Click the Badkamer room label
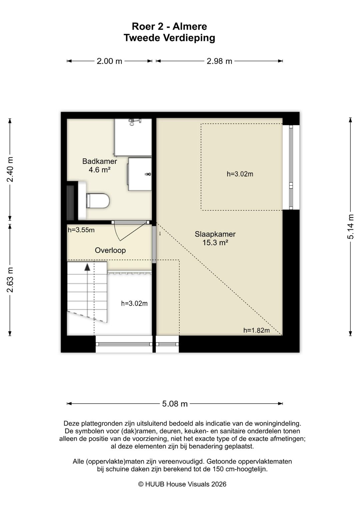coord(99,161)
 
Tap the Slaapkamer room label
coord(215,234)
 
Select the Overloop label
coord(110,250)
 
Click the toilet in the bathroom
coord(98,201)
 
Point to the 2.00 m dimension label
coord(109,61)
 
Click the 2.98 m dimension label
coord(219,61)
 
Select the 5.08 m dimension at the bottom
coord(175,404)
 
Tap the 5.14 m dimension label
coord(350,226)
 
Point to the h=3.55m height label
coord(81,230)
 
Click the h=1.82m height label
coord(256,330)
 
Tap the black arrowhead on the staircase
coord(87,267)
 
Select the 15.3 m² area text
coord(215,243)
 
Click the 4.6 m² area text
coord(99,169)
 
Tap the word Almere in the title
coord(190,26)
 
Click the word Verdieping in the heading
coord(189,38)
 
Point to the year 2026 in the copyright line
coord(219,484)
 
